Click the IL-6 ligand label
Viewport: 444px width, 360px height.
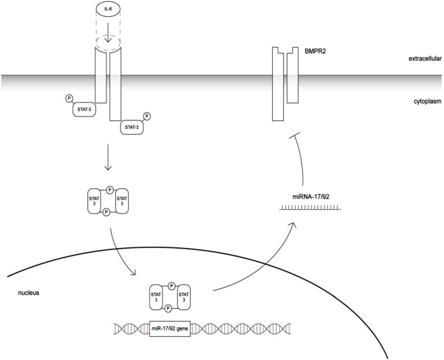coord(108,10)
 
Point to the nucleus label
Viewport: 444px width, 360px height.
coord(29,293)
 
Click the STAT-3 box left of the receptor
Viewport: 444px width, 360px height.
coord(84,110)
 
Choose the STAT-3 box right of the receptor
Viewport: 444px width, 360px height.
coord(132,128)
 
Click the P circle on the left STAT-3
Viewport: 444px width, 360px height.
coord(70,98)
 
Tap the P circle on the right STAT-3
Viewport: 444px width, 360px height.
coord(147,116)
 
